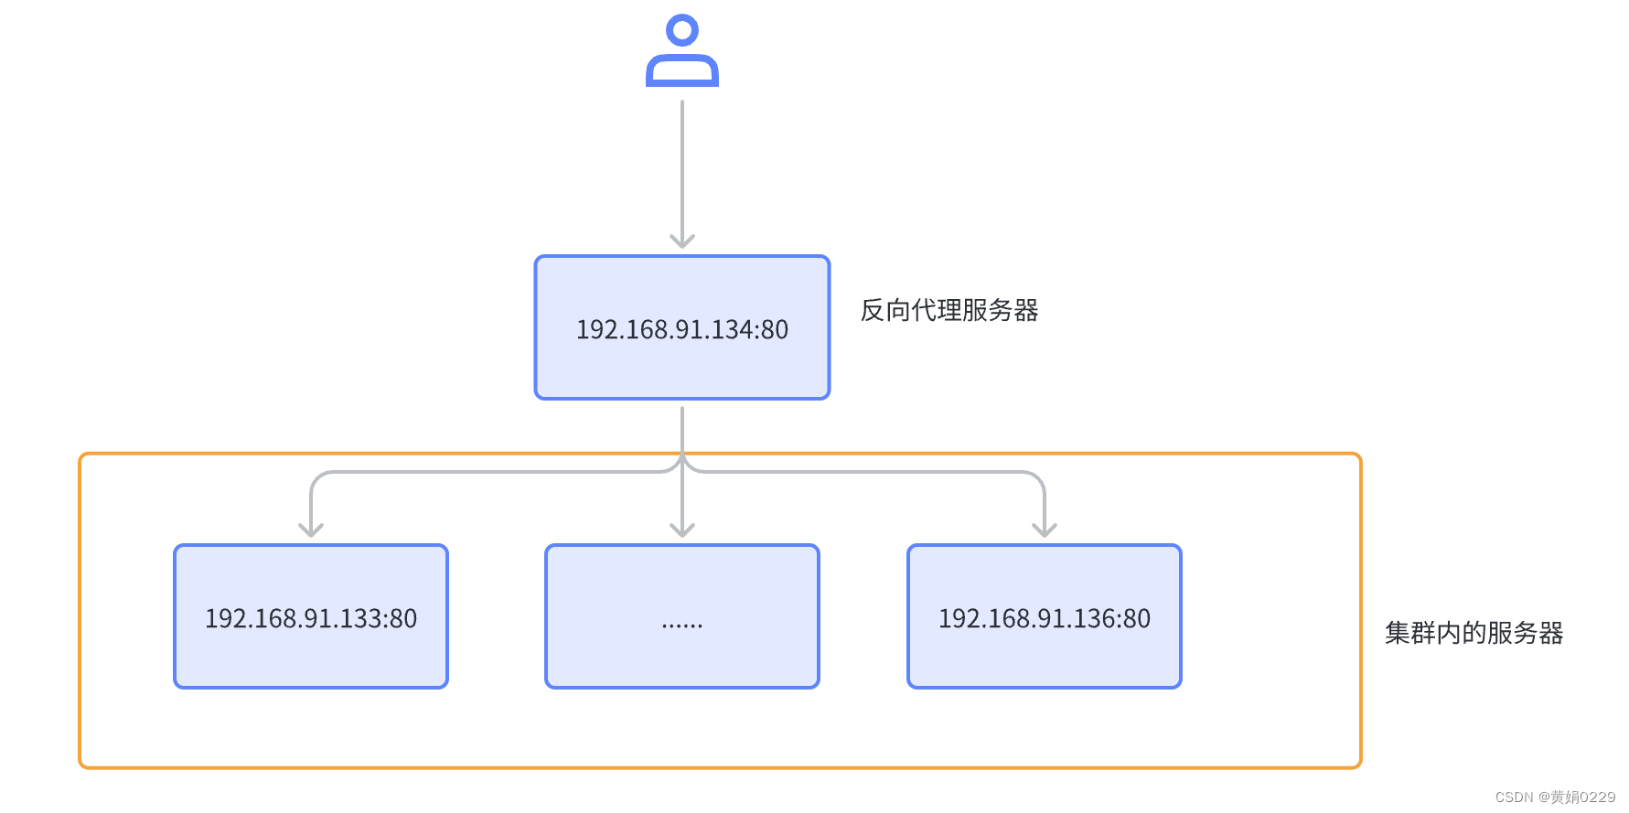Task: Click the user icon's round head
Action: tap(682, 30)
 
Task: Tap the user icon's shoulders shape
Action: tap(682, 71)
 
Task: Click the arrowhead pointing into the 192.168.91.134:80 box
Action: tap(682, 241)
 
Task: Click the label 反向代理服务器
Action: tap(948, 311)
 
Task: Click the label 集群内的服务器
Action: tap(1474, 633)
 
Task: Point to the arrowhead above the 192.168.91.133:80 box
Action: tap(311, 530)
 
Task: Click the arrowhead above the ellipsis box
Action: tap(682, 530)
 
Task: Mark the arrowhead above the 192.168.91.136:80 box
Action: tap(1045, 530)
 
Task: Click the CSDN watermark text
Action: tap(1555, 797)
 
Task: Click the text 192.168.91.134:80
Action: tap(682, 329)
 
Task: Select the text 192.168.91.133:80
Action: tap(311, 619)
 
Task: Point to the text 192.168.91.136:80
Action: tap(1045, 619)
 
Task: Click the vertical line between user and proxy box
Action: tap(682, 165)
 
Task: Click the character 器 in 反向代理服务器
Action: tap(1026, 311)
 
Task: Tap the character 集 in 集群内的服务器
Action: tap(1397, 633)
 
